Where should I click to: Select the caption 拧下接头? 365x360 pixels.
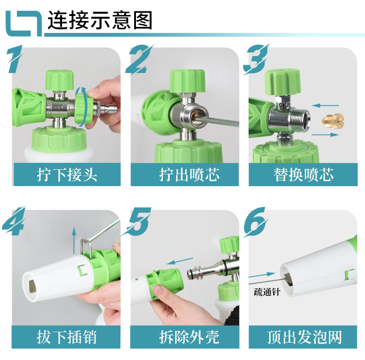[67, 175]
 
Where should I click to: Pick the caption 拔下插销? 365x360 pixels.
[67, 338]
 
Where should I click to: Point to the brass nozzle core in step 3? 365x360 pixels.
[331, 120]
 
